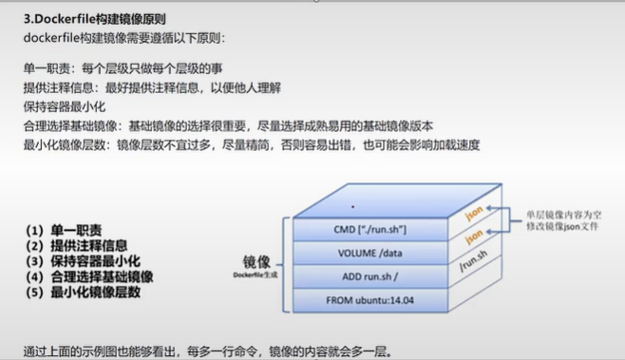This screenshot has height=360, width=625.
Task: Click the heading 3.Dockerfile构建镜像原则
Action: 94,19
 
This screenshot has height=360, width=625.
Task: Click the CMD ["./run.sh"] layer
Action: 370,230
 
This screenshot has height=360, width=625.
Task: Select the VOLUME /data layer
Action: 370,254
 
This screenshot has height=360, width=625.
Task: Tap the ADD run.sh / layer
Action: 370,276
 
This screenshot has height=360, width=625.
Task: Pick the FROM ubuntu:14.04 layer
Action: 370,300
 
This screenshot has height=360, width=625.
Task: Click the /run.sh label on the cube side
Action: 473,260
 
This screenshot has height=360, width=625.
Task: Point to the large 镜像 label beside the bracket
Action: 256,262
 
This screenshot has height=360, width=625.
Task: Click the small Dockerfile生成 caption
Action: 256,275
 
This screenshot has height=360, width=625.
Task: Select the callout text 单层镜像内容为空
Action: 563,215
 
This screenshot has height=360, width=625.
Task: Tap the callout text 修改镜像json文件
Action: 562,226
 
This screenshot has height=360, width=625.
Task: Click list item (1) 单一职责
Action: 64,230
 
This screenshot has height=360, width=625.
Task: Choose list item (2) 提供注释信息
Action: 77,246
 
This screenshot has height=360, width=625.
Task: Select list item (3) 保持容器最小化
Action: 83,261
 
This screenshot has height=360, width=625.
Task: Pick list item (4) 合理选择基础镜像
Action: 89,276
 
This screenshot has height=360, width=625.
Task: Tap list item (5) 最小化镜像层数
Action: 83,293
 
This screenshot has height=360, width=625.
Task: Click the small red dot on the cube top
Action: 352,207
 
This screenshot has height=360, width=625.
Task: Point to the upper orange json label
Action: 474,214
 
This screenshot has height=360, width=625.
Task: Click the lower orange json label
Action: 474,237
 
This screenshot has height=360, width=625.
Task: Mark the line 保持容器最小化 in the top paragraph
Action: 65,106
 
